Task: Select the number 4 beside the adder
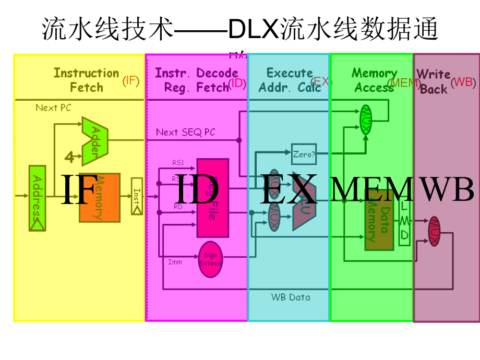[69, 156]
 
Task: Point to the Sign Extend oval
[210, 259]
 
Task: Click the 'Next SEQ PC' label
[185, 133]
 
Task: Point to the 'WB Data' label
[291, 297]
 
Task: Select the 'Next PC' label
[53, 108]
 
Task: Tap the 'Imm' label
[175, 262]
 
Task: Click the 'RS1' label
[178, 163]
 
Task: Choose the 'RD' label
[178, 207]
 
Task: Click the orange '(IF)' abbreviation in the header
[131, 81]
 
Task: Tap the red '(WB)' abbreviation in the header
[463, 82]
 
